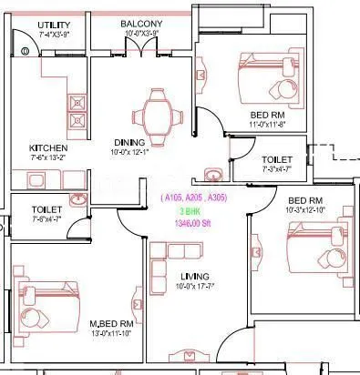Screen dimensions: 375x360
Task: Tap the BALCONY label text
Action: pyautogui.click(x=141, y=24)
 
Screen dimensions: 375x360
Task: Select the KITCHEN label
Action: pyautogui.click(x=48, y=147)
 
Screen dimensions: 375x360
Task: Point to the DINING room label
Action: pyautogui.click(x=130, y=141)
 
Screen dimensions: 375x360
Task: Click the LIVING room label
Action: pyautogui.click(x=195, y=276)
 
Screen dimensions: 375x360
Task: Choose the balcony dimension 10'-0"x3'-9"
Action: pyautogui.click(x=141, y=33)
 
